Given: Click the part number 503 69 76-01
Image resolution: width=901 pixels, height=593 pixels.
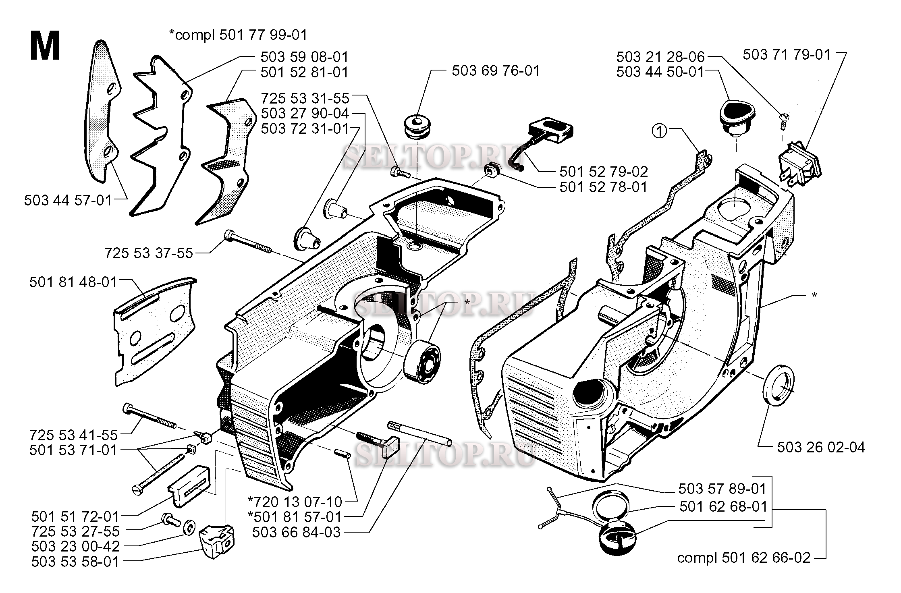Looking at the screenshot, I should [x=495, y=71].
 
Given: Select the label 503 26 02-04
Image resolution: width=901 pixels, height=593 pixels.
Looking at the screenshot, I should [x=821, y=448].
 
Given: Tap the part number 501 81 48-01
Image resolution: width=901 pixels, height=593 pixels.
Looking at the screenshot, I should [x=73, y=282].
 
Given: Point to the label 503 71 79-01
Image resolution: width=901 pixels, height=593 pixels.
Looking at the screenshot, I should [x=787, y=54].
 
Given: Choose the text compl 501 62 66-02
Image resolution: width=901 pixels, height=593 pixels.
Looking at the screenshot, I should [x=743, y=558].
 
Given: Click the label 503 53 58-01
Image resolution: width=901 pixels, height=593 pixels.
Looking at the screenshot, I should [x=75, y=562].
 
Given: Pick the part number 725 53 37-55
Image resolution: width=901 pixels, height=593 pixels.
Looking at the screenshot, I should [x=149, y=253].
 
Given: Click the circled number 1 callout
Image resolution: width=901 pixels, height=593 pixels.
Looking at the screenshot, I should [x=660, y=131].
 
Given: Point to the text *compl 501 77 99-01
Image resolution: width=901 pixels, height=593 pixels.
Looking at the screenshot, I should [x=238, y=35].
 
